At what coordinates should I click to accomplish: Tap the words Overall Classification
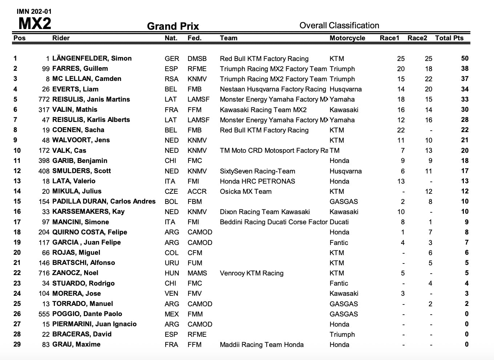(x=339, y=25)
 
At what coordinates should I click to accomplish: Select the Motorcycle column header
(x=347, y=38)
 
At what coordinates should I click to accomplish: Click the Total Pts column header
(x=449, y=38)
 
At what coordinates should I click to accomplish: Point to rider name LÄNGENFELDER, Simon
(x=92, y=58)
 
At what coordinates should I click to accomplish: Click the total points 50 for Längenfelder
(x=465, y=58)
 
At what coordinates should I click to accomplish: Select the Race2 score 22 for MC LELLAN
(x=429, y=79)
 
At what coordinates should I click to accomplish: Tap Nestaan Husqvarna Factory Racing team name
(x=273, y=89)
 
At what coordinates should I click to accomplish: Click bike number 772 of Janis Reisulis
(x=44, y=99)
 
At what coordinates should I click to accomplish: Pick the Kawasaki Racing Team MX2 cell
(x=263, y=110)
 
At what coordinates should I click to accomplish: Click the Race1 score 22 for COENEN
(x=401, y=130)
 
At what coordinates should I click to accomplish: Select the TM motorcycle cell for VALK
(x=335, y=151)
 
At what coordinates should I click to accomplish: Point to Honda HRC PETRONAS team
(x=257, y=181)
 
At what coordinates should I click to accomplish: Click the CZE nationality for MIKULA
(x=171, y=192)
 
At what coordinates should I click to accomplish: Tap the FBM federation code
(x=195, y=202)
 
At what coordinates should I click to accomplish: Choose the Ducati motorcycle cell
(x=339, y=222)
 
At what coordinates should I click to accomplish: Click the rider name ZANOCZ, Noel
(x=75, y=273)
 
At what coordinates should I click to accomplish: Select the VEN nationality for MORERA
(x=171, y=294)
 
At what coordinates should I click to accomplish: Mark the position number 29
(x=17, y=344)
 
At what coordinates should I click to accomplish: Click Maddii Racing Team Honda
(x=262, y=345)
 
